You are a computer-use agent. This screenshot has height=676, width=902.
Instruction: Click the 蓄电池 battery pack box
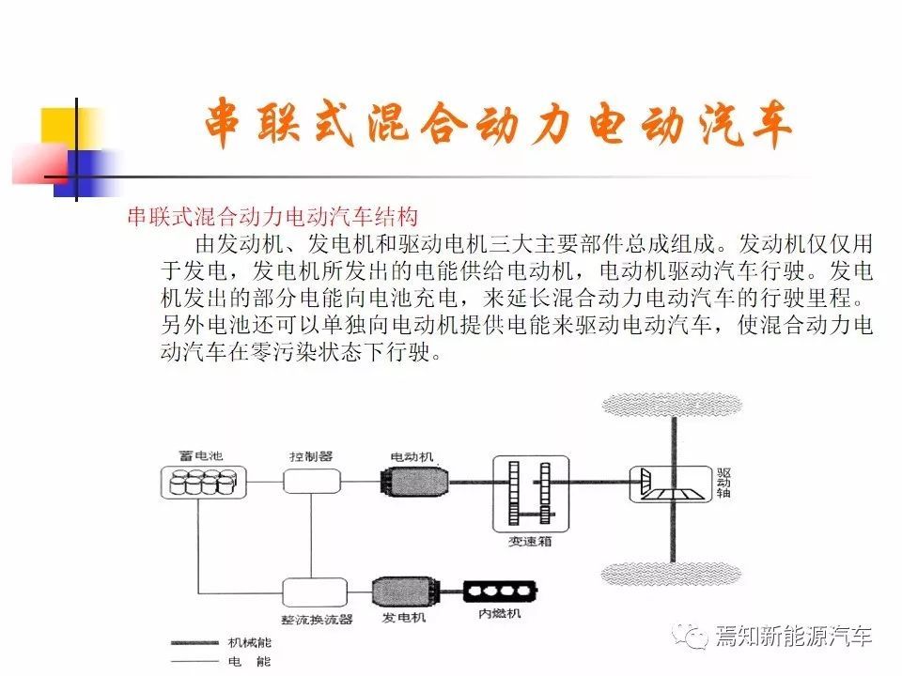coord(203,483)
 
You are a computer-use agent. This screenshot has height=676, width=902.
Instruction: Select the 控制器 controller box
coord(312,481)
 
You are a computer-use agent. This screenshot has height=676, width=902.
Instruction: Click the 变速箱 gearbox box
coord(531,494)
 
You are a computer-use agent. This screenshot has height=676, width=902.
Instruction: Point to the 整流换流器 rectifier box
coord(315,592)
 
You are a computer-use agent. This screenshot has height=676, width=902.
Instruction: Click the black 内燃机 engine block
coord(500,591)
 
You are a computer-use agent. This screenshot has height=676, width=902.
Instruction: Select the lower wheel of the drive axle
coord(671,573)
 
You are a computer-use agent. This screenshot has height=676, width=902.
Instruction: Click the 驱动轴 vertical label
coord(723,483)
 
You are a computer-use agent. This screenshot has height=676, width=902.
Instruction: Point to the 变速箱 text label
coord(530,541)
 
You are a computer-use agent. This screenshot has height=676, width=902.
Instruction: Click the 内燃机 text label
coord(499,613)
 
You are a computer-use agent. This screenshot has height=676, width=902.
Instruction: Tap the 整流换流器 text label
coord(317,620)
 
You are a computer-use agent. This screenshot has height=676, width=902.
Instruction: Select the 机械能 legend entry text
coord(250,642)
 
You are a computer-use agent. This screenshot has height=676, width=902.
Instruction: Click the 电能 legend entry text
coord(250,662)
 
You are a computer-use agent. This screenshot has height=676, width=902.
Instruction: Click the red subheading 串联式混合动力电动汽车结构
coord(272,217)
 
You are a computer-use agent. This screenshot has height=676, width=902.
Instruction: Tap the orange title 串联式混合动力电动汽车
coord(498,124)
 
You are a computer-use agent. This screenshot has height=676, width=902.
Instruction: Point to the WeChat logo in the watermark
coord(691,637)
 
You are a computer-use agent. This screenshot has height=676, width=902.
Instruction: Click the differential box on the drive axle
coord(671,484)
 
